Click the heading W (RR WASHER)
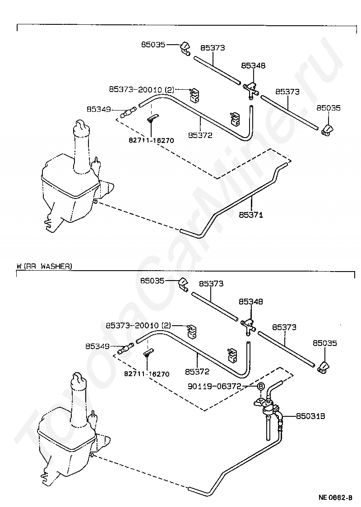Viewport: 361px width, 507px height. (x=44, y=267)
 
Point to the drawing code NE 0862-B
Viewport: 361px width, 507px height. (x=335, y=498)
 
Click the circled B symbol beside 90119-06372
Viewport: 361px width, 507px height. (x=260, y=387)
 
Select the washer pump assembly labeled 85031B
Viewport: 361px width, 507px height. (x=270, y=408)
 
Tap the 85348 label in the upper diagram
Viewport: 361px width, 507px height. (x=253, y=66)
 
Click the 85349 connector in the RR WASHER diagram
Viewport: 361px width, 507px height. (x=125, y=348)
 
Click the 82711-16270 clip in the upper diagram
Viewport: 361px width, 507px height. (x=151, y=120)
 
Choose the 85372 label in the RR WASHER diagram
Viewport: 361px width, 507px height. (x=197, y=372)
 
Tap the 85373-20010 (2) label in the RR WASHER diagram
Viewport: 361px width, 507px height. (x=139, y=325)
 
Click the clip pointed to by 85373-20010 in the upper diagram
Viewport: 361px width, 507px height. (x=194, y=93)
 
